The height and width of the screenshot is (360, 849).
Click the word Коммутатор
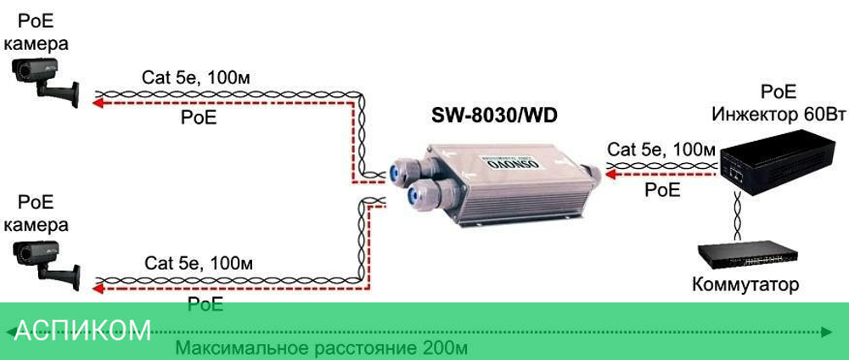(x=745, y=285)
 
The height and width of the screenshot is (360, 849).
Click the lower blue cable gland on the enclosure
(x=417, y=196)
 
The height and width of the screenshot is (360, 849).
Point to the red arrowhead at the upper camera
(x=98, y=104)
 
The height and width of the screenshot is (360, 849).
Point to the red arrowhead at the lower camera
(x=98, y=288)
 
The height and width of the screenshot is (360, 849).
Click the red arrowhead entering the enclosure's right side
(x=611, y=175)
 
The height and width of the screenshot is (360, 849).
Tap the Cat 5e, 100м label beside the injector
(x=661, y=150)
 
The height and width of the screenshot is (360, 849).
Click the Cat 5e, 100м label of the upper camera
(x=195, y=78)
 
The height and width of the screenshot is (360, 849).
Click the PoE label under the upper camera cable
(x=199, y=118)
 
